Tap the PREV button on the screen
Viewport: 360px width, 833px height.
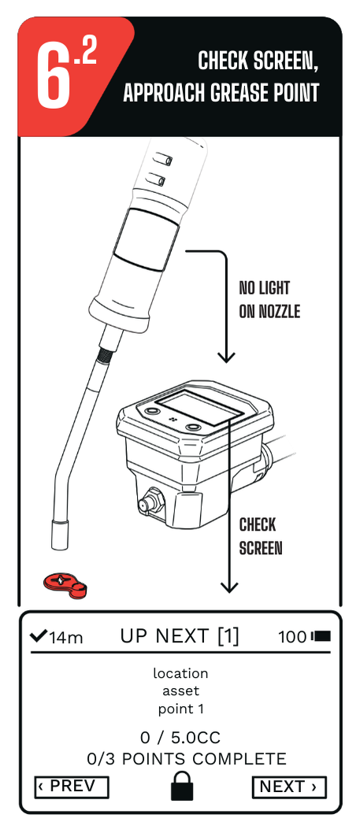click(x=72, y=787)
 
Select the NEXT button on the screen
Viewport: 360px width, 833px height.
click(x=288, y=787)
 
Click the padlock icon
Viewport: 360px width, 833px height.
click(x=182, y=786)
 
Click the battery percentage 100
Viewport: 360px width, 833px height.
click(x=292, y=637)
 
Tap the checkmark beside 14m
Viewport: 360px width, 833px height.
click(x=38, y=635)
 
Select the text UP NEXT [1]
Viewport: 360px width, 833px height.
click(x=180, y=636)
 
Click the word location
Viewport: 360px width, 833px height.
click(x=180, y=674)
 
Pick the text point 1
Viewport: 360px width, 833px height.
click(x=180, y=709)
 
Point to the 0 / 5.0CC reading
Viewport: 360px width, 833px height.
click(x=180, y=738)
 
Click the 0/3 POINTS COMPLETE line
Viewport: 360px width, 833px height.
click(x=187, y=759)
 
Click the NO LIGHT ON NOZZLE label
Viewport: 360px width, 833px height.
click(x=269, y=300)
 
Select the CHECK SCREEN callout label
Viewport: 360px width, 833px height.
click(x=260, y=536)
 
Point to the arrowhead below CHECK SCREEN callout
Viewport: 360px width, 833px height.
click(x=229, y=587)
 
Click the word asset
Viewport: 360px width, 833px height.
click(x=180, y=691)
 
